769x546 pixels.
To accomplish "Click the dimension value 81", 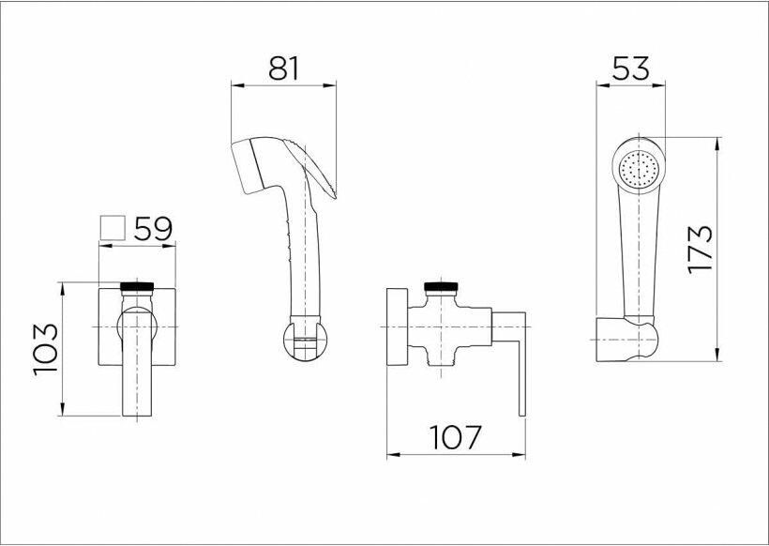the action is [283, 68].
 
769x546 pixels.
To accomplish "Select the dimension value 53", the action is [631, 68].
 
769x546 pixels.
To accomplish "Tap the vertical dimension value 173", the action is [701, 249].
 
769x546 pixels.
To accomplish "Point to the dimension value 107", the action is [456, 437].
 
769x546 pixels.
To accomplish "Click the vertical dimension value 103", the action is [46, 349].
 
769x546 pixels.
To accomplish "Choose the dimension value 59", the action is [154, 229].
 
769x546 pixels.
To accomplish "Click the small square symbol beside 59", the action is [113, 228].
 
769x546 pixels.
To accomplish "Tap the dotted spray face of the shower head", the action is [639, 168].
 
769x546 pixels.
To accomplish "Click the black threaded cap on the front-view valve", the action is [137, 286].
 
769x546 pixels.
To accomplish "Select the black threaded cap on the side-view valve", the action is [441, 286].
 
